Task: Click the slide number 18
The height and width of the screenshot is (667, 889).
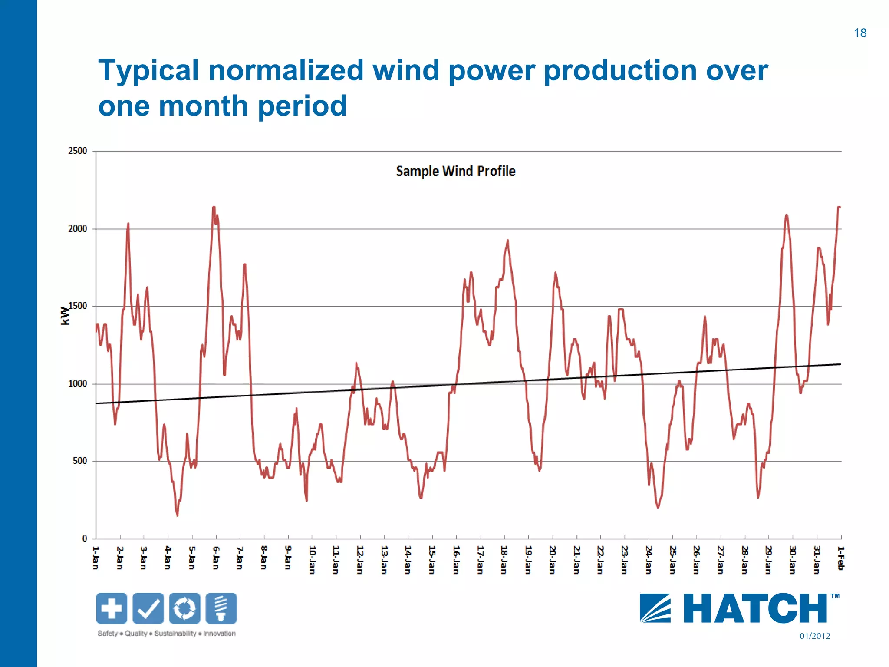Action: point(859,33)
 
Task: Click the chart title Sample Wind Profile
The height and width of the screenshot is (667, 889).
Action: point(455,171)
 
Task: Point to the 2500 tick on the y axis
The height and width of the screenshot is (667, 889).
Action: point(77,151)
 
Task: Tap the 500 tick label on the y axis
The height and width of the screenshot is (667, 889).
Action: point(79,461)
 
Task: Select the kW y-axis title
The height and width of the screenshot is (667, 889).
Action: point(65,316)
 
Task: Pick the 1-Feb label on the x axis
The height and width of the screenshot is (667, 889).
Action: point(840,558)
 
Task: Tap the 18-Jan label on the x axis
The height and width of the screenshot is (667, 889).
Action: point(504,560)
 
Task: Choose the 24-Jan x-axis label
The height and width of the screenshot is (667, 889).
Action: point(648,560)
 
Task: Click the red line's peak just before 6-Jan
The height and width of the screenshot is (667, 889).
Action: point(214,208)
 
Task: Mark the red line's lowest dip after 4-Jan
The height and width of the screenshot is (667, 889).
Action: point(177,515)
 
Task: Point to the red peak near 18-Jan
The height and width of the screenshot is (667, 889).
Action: point(507,241)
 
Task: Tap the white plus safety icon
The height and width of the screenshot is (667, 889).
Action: point(112,608)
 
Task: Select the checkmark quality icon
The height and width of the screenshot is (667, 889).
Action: point(148,608)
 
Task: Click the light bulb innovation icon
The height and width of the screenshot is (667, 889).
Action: point(221,608)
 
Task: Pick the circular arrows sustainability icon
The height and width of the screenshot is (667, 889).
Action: point(185,608)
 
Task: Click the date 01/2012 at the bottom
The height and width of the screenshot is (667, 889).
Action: point(814,636)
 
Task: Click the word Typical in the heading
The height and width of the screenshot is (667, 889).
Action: point(148,71)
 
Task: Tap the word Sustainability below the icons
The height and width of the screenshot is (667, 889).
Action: point(175,634)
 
